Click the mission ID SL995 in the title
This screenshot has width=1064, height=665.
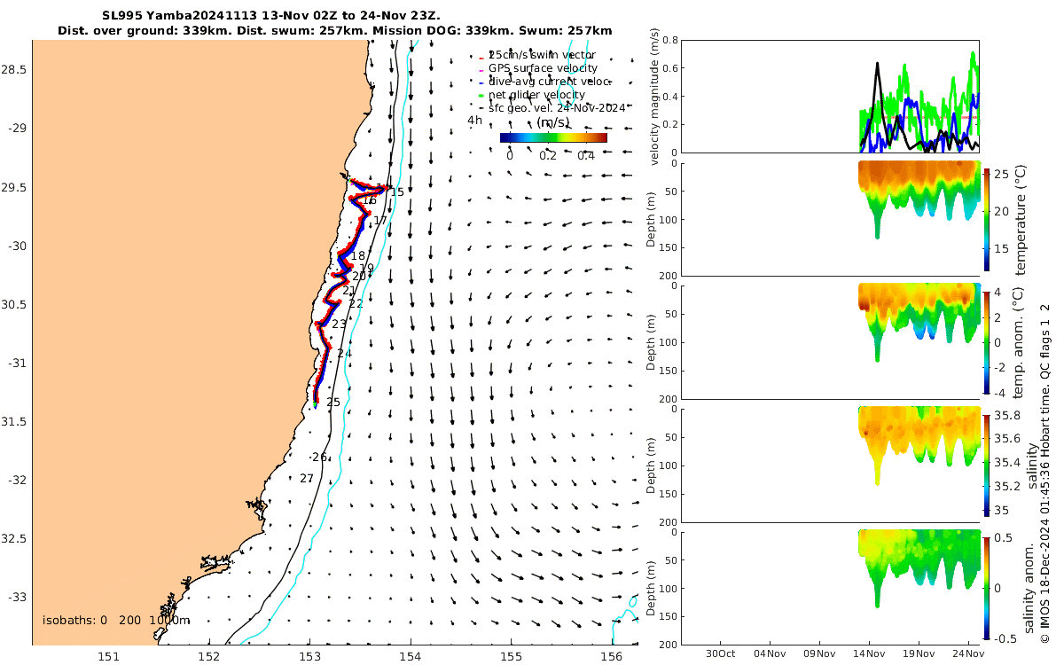[x=121, y=16]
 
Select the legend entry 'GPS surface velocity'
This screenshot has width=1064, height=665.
[x=543, y=68]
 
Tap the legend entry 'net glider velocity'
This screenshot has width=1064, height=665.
[x=536, y=95]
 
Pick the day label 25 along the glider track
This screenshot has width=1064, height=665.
[x=333, y=403]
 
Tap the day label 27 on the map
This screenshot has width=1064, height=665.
[x=307, y=479]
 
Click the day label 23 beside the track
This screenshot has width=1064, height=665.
[x=339, y=325]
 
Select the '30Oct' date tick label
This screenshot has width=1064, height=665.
[x=719, y=653]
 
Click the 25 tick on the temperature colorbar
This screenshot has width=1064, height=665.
[x=1002, y=176]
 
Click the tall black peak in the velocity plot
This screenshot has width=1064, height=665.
[x=877, y=64]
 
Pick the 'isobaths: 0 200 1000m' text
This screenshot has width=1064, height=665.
[x=116, y=620]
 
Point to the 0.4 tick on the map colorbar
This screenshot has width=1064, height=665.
[x=585, y=156]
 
